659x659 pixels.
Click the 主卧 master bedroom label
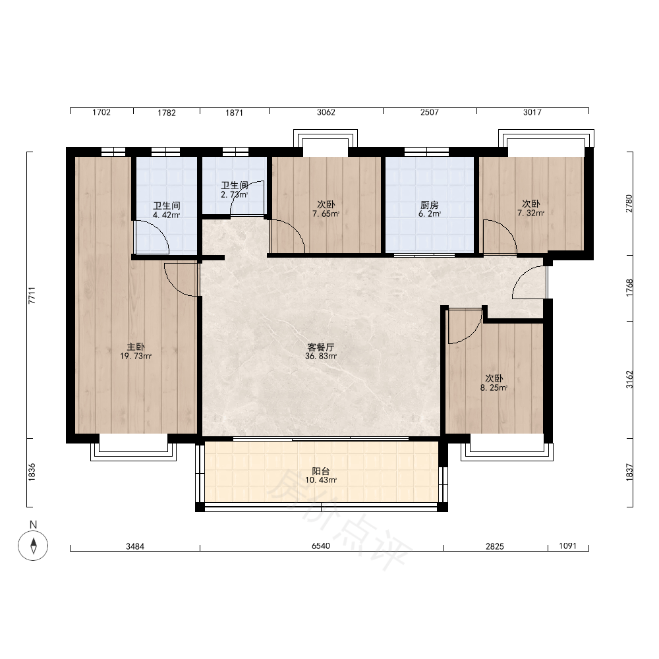pyautogui.click(x=136, y=347)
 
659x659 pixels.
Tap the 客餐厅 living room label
pyautogui.click(x=321, y=347)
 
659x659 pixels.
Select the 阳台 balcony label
pyautogui.click(x=321, y=471)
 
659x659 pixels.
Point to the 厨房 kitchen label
pyautogui.click(x=429, y=205)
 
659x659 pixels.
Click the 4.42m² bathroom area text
pyautogui.click(x=167, y=215)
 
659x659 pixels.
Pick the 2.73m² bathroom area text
pyautogui.click(x=234, y=194)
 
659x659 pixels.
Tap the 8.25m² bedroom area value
pyautogui.click(x=494, y=388)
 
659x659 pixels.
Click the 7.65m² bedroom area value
pyautogui.click(x=326, y=214)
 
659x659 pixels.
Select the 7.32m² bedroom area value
pyautogui.click(x=530, y=213)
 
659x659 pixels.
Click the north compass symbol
pyautogui.click(x=33, y=546)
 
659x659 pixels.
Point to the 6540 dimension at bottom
pyautogui.click(x=321, y=546)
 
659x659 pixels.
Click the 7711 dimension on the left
pyautogui.click(x=32, y=295)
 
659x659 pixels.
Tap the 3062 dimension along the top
pyautogui.click(x=326, y=112)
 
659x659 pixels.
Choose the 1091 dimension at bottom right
pyautogui.click(x=568, y=546)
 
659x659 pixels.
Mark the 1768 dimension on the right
pyautogui.click(x=629, y=288)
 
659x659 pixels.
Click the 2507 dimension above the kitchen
pyautogui.click(x=430, y=112)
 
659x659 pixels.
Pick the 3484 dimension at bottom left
pyautogui.click(x=135, y=546)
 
